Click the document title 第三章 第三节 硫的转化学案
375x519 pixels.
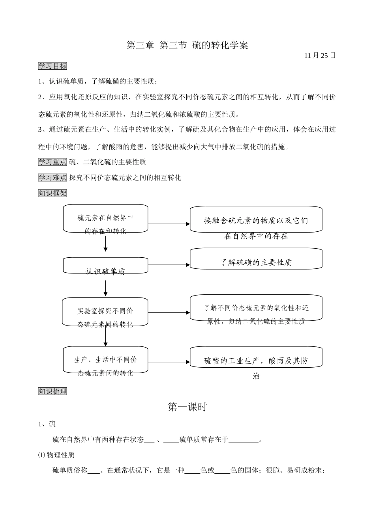point(187,45)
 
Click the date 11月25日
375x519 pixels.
point(320,56)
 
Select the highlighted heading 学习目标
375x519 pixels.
point(52,66)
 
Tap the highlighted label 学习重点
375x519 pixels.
point(52,162)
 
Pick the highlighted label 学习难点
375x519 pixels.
point(52,178)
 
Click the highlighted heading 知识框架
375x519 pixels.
point(52,193)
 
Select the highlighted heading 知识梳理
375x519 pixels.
point(52,391)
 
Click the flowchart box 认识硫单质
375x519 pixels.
point(105,266)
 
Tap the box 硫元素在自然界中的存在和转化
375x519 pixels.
point(105,219)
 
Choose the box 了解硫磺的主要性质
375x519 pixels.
point(256,259)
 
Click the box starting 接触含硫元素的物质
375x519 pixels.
point(256,220)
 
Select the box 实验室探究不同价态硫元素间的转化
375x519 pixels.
point(105,312)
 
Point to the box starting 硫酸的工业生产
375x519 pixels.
point(256,357)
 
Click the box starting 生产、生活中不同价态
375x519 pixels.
point(105,360)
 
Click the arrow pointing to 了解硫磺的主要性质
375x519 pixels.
point(169,265)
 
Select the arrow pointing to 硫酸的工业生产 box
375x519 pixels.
point(169,362)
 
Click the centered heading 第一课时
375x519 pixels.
point(187,407)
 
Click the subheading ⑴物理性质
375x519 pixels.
point(56,455)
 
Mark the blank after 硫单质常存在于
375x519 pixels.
point(244,439)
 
